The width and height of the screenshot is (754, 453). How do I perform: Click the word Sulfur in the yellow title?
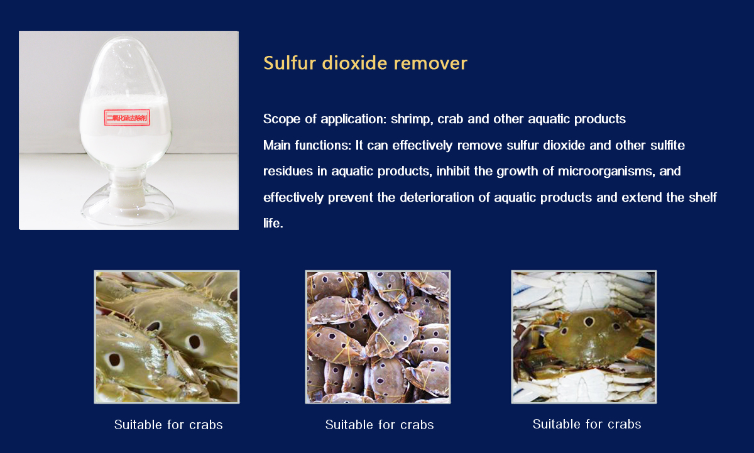click(290, 63)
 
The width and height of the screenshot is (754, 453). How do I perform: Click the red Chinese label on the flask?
click(127, 117)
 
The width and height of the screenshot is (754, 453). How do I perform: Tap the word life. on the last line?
click(273, 223)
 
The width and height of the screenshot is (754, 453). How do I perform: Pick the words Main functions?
click(307, 145)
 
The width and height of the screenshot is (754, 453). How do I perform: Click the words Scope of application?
click(325, 119)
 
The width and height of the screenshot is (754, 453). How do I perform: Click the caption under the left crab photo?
click(168, 425)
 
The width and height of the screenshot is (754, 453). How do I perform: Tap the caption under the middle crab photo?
click(380, 425)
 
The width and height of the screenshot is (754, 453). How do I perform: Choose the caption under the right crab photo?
click(587, 424)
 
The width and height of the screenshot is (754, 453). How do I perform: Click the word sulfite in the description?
click(667, 145)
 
